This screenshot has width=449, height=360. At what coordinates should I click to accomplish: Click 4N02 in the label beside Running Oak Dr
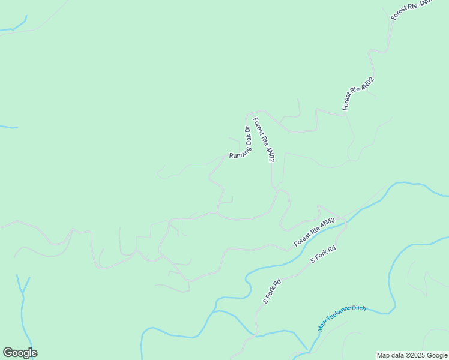270,153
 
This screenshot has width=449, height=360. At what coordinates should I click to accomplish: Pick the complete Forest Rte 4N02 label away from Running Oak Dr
358,93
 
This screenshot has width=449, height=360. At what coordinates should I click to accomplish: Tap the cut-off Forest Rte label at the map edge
411,10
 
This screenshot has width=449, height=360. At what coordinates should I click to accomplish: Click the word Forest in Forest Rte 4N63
301,239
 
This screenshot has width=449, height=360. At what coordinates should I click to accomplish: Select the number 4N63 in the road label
327,223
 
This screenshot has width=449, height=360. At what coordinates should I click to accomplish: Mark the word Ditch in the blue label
358,308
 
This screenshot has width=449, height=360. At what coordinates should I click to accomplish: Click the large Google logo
20,353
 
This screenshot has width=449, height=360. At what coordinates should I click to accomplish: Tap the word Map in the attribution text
383,356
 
